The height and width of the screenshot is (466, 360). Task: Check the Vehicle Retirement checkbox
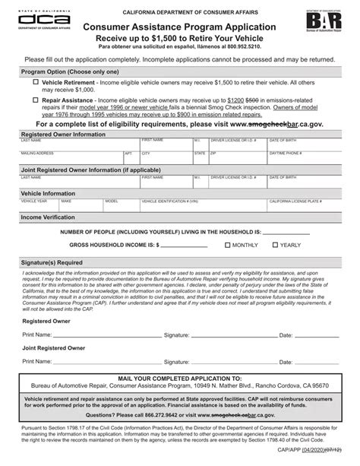(x=36, y=81)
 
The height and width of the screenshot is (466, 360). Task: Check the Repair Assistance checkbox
(x=36, y=99)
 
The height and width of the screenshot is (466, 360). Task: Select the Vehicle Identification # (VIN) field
(x=197, y=206)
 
